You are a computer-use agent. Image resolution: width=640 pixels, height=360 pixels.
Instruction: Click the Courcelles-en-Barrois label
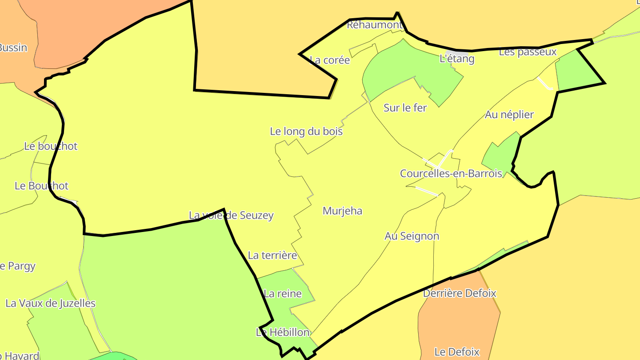451,174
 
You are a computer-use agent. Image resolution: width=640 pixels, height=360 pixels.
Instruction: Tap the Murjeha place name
342,211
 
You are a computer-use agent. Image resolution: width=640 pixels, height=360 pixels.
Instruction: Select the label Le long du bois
306,132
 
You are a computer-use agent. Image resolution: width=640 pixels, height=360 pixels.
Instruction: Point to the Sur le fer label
405,108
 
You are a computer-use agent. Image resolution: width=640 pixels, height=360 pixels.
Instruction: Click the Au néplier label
509,115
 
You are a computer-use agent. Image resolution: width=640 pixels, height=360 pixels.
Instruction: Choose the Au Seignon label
412,236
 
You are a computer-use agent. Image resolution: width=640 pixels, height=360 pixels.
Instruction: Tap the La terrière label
272,256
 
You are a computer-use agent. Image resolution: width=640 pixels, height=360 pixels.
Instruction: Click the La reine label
283,294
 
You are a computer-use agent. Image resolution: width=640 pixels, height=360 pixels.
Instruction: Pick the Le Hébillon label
283,332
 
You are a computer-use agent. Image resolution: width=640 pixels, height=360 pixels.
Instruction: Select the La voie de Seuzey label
231,216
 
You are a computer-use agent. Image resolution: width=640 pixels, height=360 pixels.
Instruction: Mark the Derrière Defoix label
460,293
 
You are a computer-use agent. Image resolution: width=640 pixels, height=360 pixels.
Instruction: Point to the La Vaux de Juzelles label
50,304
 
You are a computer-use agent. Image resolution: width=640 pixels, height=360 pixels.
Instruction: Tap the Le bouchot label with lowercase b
51,146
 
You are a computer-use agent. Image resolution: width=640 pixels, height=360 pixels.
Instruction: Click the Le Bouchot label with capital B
42,186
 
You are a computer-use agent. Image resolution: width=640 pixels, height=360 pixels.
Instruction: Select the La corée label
330,60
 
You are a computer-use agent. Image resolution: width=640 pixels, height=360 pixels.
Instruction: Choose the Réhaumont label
374,25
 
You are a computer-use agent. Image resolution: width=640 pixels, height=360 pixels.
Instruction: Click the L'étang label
457,59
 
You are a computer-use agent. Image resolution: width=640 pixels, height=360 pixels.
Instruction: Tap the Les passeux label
528,52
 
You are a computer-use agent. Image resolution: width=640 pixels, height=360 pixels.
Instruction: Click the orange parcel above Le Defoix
458,320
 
